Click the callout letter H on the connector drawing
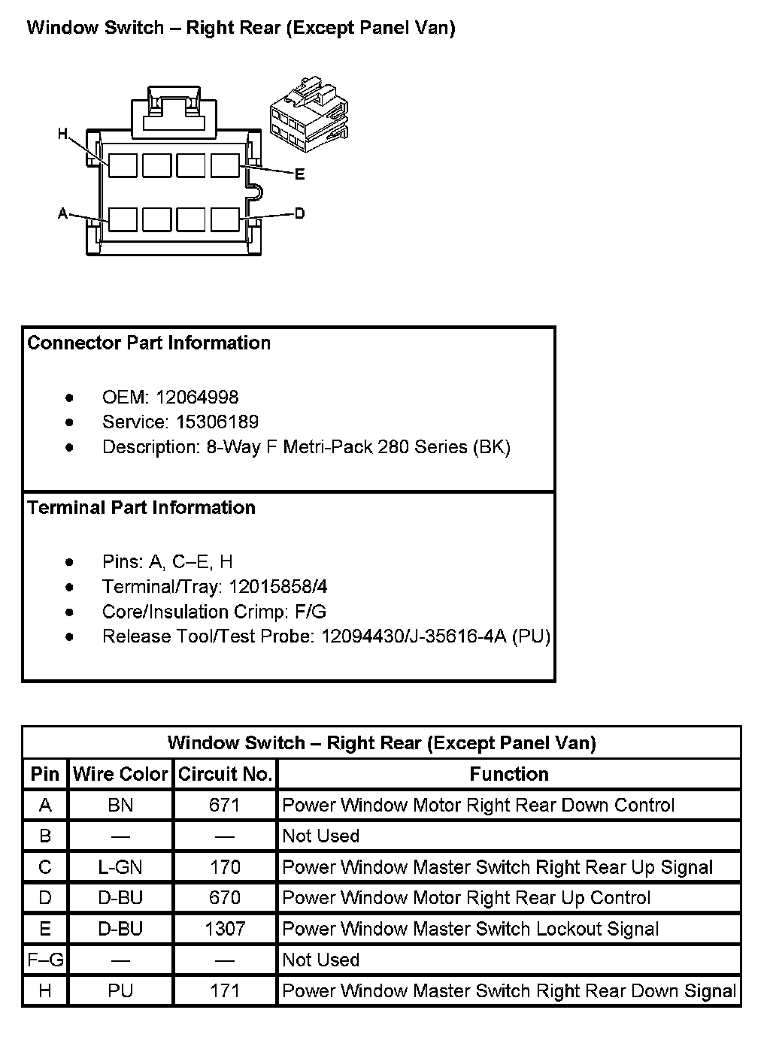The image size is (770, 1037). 63,134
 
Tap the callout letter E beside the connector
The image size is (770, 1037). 299,174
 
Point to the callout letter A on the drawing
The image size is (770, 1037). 63,213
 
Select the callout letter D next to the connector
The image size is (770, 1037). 299,213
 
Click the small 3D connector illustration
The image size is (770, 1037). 309,113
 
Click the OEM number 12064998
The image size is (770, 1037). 197,397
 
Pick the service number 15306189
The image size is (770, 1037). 217,422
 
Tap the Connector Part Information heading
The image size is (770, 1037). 149,343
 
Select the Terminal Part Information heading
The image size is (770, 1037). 141,507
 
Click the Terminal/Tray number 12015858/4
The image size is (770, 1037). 278,586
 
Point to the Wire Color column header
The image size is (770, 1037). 120,774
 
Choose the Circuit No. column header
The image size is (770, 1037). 225,774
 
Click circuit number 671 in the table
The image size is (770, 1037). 225,805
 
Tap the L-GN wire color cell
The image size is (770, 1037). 120,867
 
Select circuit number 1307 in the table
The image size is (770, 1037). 225,929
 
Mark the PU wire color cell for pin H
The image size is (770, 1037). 120,990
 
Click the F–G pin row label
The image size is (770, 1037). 45,960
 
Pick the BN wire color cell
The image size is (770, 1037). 120,805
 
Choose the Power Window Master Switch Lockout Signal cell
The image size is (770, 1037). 470,929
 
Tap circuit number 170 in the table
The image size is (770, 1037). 225,867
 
